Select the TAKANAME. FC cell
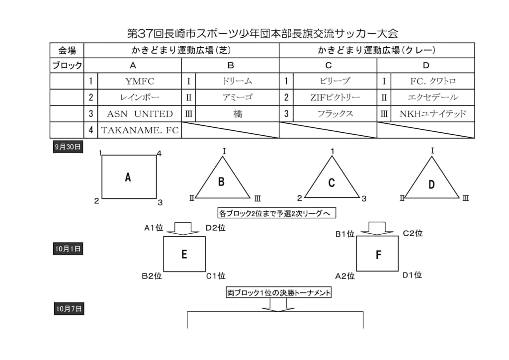click(140, 130)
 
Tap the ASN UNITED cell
click(140, 114)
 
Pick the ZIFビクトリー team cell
click(335, 97)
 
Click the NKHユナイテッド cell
click(432, 114)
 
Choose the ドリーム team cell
click(237, 81)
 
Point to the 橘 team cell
click(237, 114)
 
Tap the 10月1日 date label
click(68, 249)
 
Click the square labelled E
click(184, 254)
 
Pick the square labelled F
click(377, 254)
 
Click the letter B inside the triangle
click(221, 182)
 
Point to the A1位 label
click(154, 228)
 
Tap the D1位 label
click(412, 274)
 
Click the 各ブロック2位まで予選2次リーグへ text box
click(277, 213)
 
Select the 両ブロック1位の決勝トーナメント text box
click(279, 293)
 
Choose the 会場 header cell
click(67, 50)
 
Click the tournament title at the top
click(263, 33)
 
